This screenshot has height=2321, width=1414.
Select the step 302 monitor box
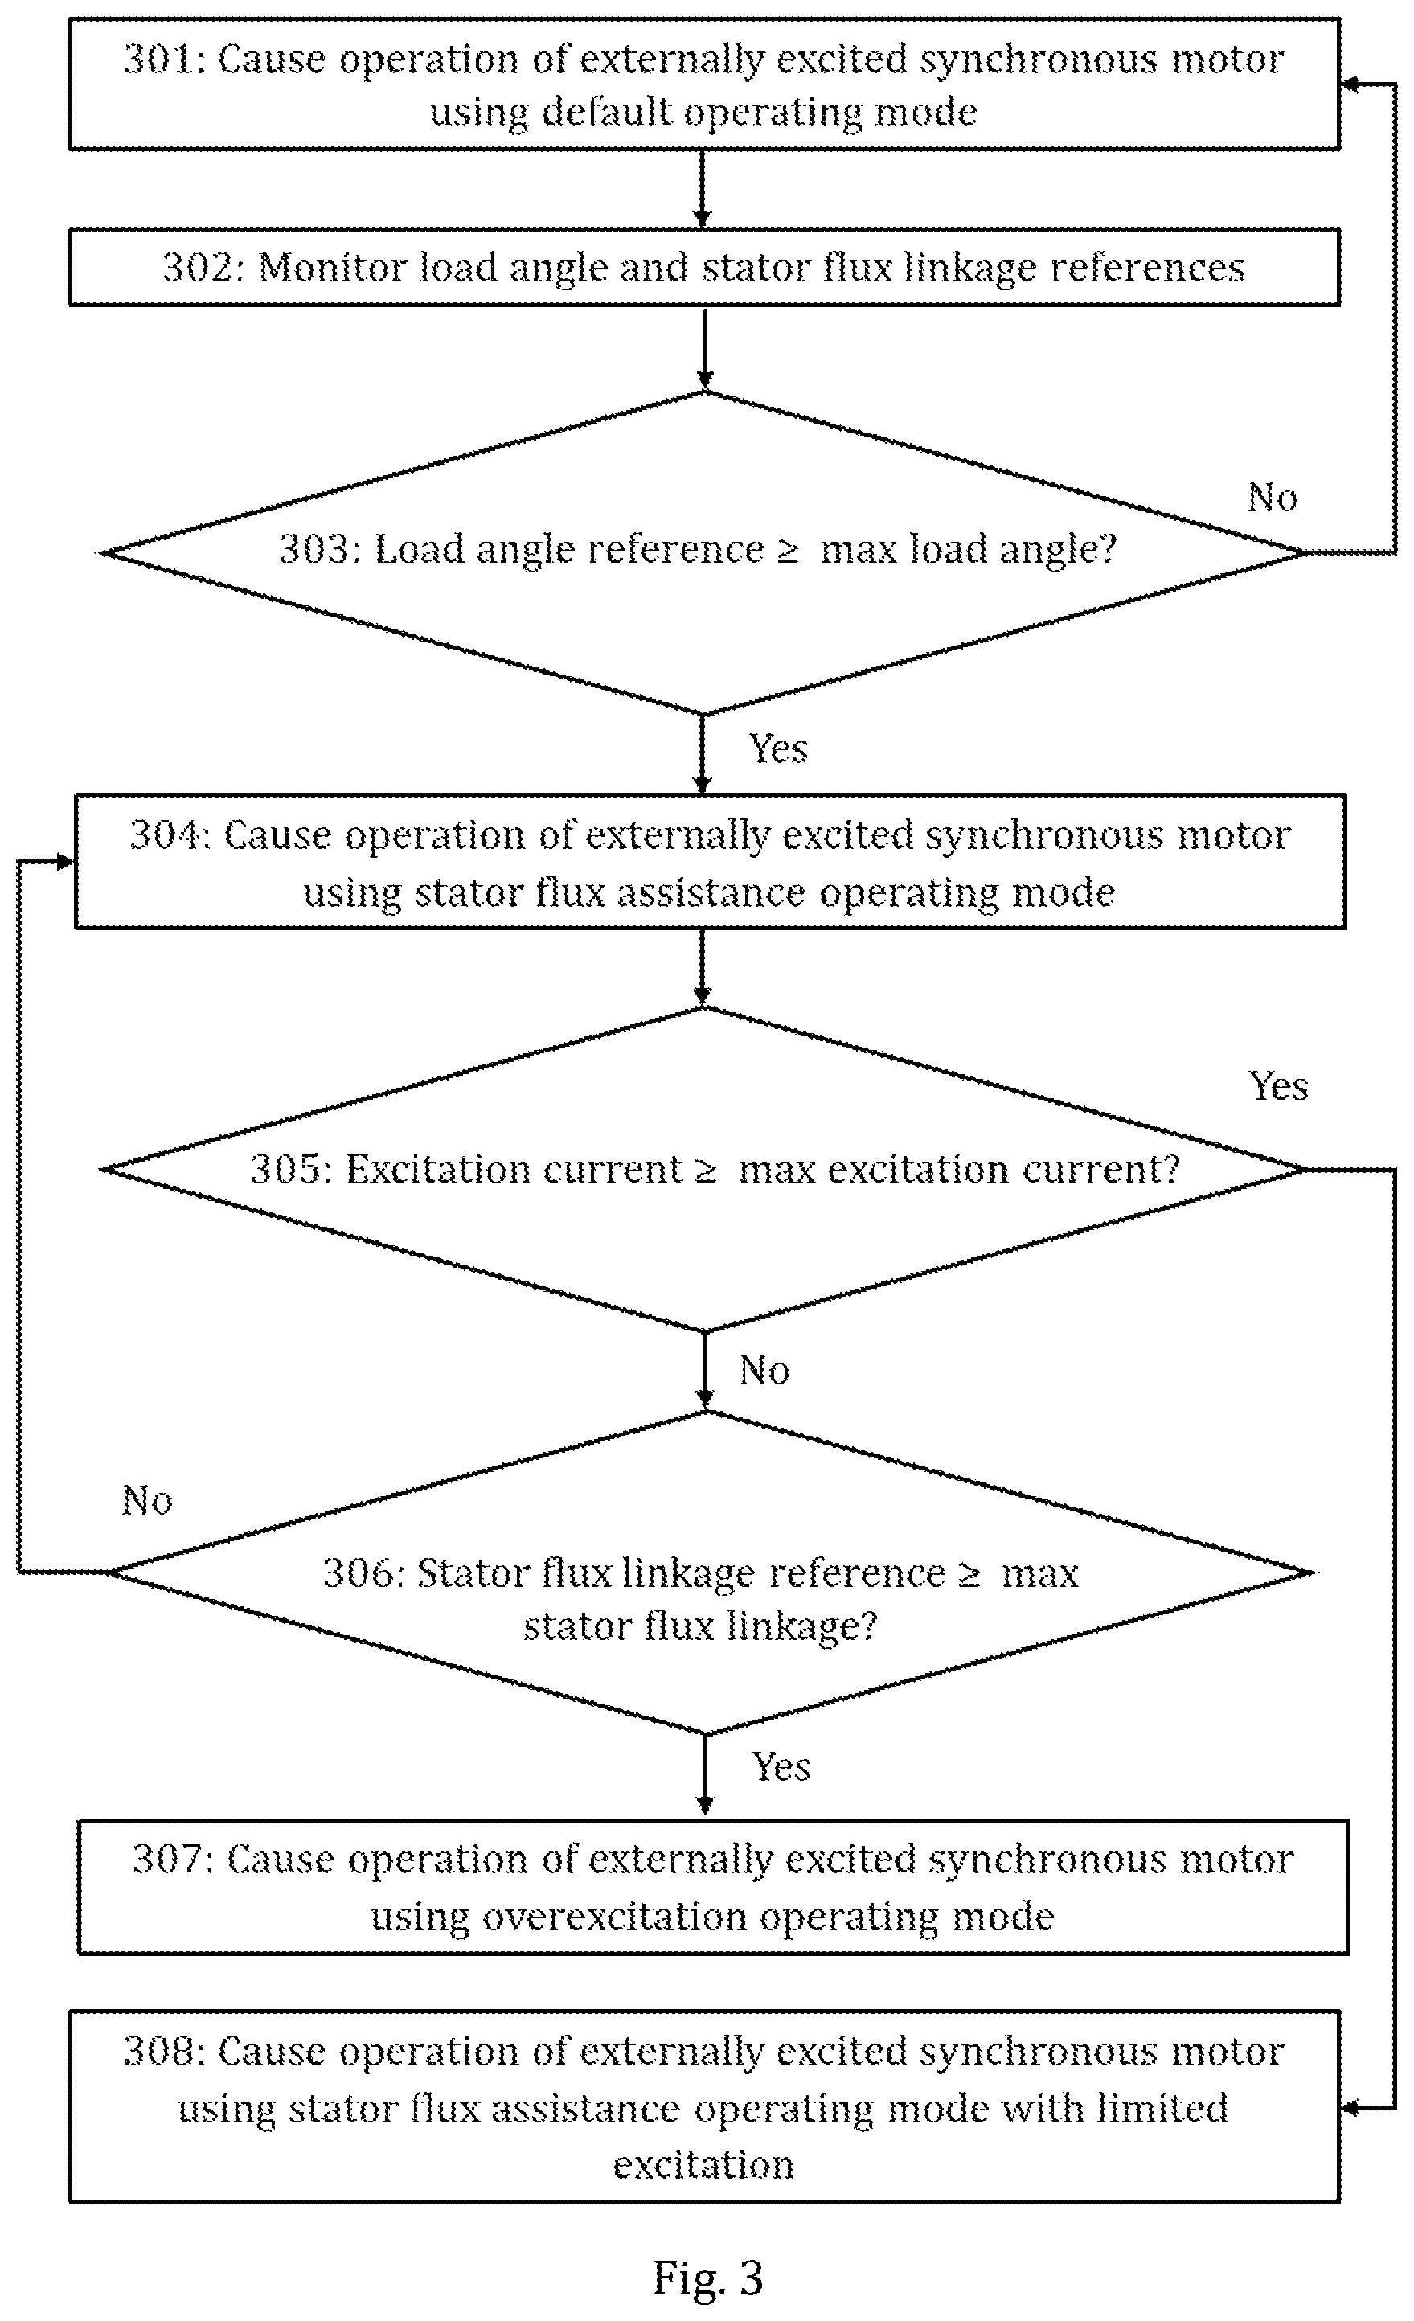pyautogui.click(x=703, y=267)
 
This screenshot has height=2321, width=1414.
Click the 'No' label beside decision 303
pyautogui.click(x=1272, y=498)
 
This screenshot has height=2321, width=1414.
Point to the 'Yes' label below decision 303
pyautogui.click(x=778, y=748)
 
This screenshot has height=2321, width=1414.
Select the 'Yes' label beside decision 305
pyautogui.click(x=1277, y=1086)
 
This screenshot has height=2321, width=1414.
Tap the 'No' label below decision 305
pyautogui.click(x=764, y=1371)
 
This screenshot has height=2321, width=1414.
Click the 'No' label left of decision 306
pyautogui.click(x=147, y=1499)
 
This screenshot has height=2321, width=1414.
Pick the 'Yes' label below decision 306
pyautogui.click(x=781, y=1766)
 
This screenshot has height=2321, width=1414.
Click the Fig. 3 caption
pyautogui.click(x=707, y=2278)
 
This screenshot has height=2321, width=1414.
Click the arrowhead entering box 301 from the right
pyautogui.click(x=1349, y=84)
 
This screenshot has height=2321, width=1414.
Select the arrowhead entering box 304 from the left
pyautogui.click(x=65, y=861)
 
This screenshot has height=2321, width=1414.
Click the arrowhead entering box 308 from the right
pyautogui.click(x=1349, y=2107)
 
